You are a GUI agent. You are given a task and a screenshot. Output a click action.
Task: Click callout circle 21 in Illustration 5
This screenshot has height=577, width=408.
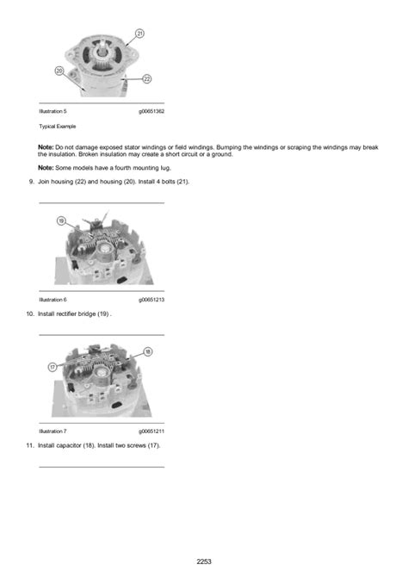tap(139, 34)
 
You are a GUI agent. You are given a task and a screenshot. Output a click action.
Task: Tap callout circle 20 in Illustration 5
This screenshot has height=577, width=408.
tap(59, 71)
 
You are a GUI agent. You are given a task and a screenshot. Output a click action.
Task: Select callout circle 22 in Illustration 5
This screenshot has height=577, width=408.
tap(147, 78)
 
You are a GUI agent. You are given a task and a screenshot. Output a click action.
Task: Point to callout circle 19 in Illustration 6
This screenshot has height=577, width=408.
tap(62, 221)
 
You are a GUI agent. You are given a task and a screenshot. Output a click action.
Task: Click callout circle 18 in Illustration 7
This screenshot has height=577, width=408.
tap(148, 351)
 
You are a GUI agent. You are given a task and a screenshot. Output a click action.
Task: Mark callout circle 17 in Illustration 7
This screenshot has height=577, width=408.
tap(52, 367)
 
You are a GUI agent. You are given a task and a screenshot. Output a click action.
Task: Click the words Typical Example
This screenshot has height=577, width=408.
tap(56, 126)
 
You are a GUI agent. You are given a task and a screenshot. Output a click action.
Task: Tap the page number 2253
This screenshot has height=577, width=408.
tap(203, 561)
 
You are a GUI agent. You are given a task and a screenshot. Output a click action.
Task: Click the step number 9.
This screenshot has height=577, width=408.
tap(31, 182)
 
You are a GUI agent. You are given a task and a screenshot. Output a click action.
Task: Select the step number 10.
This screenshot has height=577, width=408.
tap(30, 313)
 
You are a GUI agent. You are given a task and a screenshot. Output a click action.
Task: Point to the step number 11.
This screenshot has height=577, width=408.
tap(30, 444)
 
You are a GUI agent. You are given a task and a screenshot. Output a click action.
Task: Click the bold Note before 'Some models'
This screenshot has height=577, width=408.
tap(46, 167)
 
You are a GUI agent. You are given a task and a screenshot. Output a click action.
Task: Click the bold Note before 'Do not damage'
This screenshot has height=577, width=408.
tap(46, 147)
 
